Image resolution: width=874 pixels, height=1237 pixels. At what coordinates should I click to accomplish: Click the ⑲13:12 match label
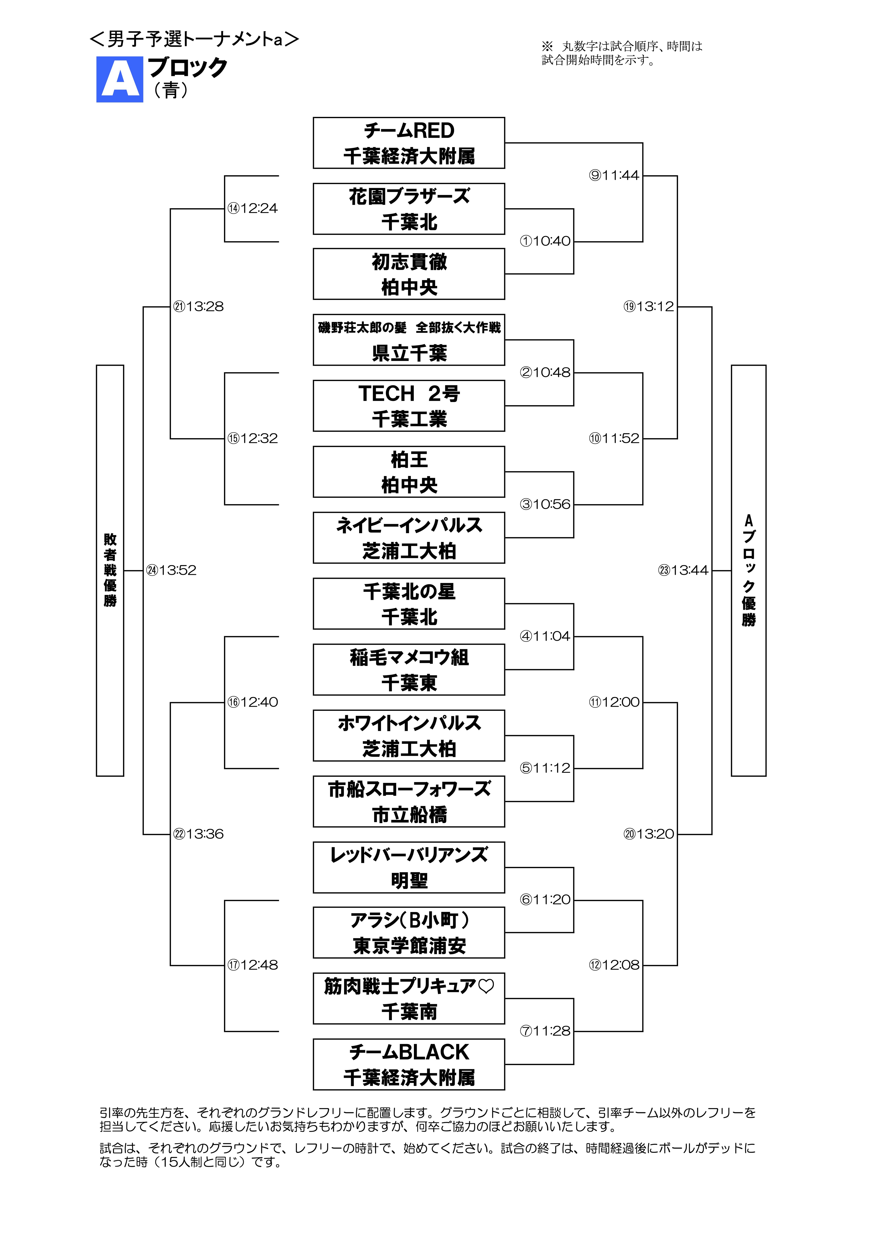pyautogui.click(x=648, y=307)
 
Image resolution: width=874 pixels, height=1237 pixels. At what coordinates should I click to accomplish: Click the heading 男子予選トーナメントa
pyautogui.click(x=194, y=39)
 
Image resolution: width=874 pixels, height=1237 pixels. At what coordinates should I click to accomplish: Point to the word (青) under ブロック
pyautogui.click(x=171, y=90)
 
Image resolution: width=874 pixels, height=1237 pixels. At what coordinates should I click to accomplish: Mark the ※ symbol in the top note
pyautogui.click(x=547, y=46)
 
